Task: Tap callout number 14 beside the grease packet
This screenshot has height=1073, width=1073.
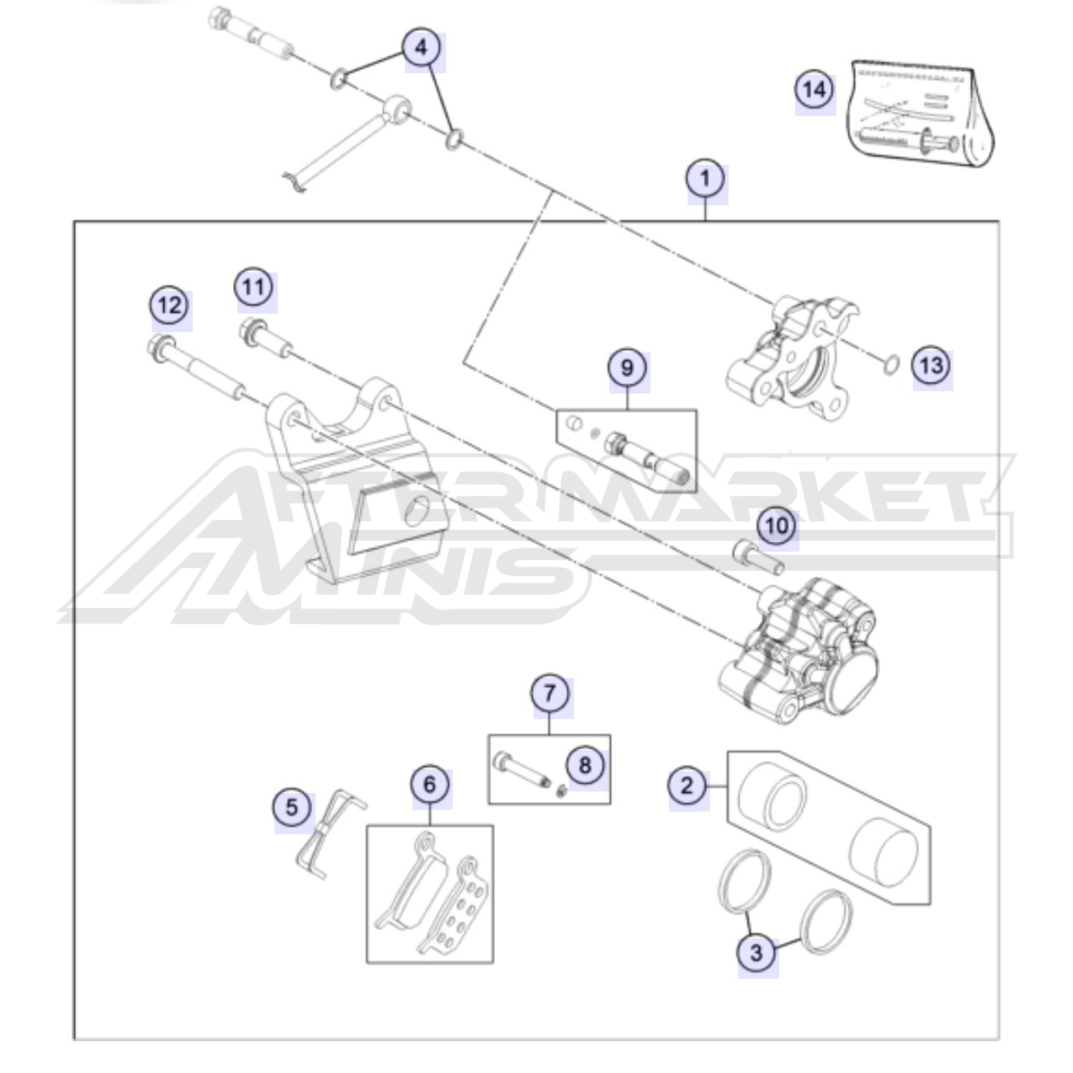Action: (x=815, y=90)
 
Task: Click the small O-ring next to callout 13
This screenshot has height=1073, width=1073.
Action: (x=891, y=365)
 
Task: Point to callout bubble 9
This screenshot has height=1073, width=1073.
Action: (x=627, y=368)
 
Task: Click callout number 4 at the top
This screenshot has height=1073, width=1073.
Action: (x=422, y=48)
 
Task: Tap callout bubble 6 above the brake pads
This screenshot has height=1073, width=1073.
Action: (x=430, y=785)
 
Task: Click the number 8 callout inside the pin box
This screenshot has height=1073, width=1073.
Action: (x=585, y=766)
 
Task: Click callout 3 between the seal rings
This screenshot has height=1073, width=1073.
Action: (x=756, y=952)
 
